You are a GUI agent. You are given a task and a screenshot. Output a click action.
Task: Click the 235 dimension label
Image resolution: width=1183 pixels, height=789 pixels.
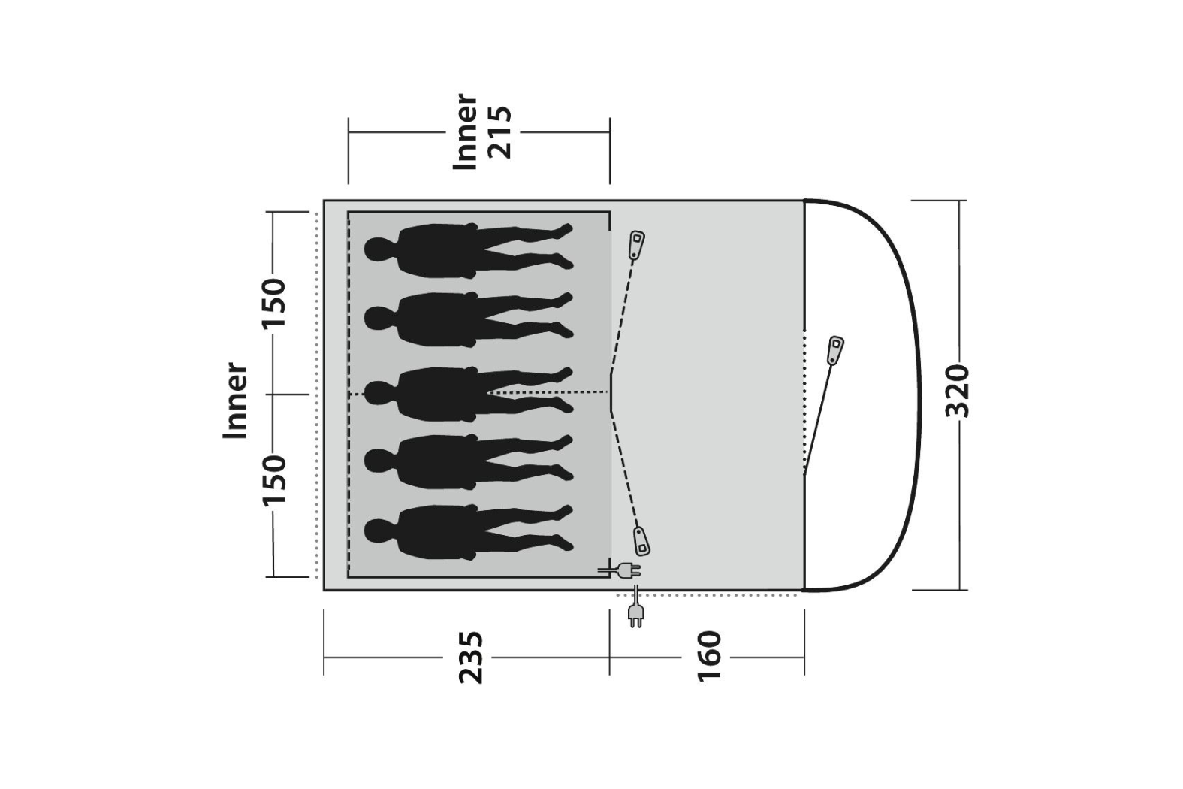pyautogui.click(x=470, y=657)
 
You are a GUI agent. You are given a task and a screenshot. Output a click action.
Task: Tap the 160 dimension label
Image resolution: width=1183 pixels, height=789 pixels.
pyautogui.click(x=709, y=657)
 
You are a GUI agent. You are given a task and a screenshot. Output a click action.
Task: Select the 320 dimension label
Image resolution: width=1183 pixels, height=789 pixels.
pyautogui.click(x=957, y=391)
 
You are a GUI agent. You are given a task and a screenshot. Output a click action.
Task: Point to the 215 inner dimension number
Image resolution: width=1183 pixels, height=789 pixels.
pyautogui.click(x=499, y=132)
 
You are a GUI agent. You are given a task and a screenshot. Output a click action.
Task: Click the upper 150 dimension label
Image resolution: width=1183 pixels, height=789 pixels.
pyautogui.click(x=274, y=302)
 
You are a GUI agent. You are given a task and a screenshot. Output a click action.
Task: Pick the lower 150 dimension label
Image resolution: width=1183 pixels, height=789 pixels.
pyautogui.click(x=274, y=479)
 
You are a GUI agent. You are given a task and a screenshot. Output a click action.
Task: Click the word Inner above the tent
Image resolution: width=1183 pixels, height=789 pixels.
pyautogui.click(x=465, y=131)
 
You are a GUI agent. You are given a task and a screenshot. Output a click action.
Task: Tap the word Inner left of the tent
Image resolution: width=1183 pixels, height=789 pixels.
pyautogui.click(x=235, y=400)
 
